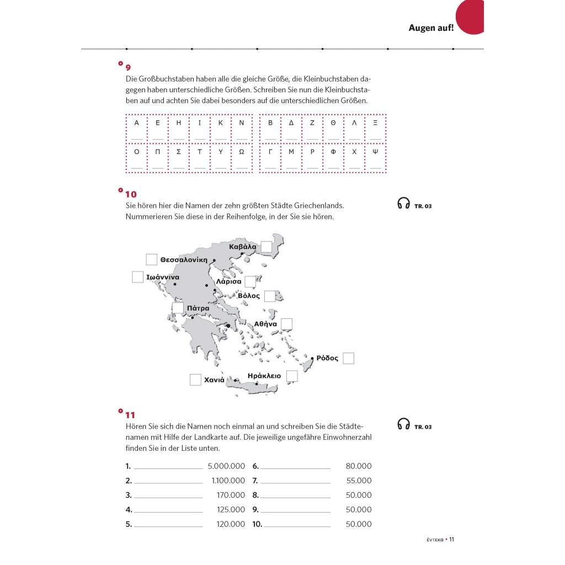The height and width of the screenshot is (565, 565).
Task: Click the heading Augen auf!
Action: (x=431, y=28)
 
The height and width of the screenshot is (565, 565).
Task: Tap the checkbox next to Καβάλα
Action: (x=266, y=247)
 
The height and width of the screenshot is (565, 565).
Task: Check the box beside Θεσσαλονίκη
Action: (x=152, y=259)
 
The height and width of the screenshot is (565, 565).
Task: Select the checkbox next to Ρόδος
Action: (x=348, y=359)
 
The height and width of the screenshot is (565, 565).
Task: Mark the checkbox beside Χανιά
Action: (x=195, y=380)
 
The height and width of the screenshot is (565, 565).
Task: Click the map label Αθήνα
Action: (x=265, y=324)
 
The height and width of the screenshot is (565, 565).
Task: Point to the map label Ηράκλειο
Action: (x=264, y=376)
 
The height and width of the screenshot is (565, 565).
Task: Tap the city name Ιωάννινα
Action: (x=163, y=278)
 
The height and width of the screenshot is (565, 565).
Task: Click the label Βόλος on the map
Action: (x=249, y=296)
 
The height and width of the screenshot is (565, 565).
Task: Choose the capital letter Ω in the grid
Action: (x=241, y=151)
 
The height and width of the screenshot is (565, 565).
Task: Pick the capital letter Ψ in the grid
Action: (x=376, y=151)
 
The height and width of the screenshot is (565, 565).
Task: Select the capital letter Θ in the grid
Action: (x=333, y=123)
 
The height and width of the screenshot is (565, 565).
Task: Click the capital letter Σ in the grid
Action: (x=178, y=151)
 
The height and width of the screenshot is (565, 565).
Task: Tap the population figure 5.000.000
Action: (x=226, y=466)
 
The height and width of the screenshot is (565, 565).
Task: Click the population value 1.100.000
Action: (x=228, y=481)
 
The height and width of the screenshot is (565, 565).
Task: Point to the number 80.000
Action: (x=359, y=466)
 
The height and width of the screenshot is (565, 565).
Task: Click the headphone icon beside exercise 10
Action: (x=403, y=204)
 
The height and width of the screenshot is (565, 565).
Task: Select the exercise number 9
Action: (x=129, y=67)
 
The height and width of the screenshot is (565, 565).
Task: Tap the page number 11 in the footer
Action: (x=451, y=539)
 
